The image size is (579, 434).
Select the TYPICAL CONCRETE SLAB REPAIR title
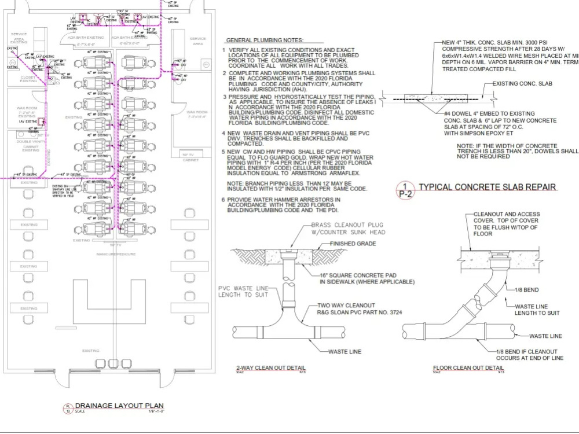[x=488, y=187]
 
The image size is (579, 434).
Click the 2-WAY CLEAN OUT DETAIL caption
[x=271, y=368]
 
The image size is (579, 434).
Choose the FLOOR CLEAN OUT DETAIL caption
[x=468, y=368]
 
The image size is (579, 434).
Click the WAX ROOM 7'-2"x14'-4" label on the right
[x=197, y=115]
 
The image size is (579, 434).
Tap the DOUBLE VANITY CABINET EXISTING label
[x=31, y=146]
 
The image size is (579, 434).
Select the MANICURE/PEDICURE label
[x=116, y=254]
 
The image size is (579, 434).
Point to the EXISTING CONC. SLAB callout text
[x=522, y=83]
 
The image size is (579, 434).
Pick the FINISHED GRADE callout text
[x=353, y=244]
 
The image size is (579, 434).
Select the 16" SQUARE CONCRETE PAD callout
[x=367, y=278]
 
